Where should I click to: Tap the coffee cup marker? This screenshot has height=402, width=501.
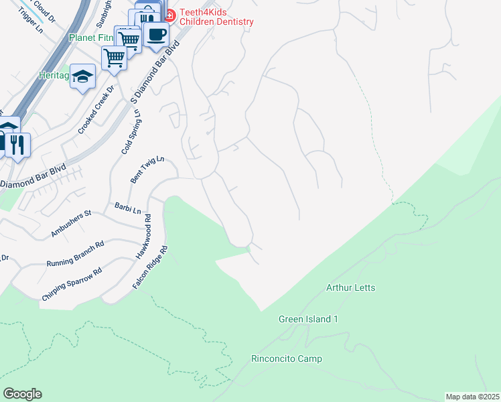pos(156,35)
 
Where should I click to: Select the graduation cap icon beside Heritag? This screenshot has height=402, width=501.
pos(83,76)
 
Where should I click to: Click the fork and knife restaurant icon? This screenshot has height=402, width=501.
pos(17,145)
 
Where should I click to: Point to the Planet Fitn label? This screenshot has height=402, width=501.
pos(90,38)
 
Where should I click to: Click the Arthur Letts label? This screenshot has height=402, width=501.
pos(350,288)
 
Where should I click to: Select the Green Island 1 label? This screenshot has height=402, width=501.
pos(308,320)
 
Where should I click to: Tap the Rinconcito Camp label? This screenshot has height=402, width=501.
pos(287,359)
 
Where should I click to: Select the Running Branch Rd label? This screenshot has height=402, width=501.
pos(75,255)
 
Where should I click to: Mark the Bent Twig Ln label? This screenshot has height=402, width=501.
pos(147,171)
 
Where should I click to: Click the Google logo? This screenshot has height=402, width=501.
pos(22,394)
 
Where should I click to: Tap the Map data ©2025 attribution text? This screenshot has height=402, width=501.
pos(472,397)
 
